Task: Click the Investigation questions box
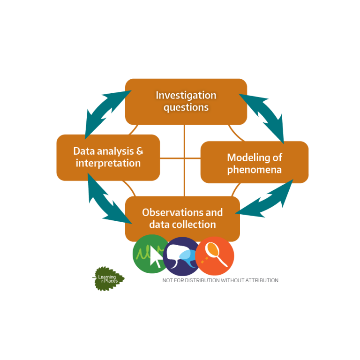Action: pos(186,102)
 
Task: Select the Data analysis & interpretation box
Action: pos(108,157)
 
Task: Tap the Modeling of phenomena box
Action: pos(255,162)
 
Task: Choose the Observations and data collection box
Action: pos(182,218)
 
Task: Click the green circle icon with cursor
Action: pos(149,254)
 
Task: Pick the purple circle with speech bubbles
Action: pos(182,256)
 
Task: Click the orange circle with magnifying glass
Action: pos(215,256)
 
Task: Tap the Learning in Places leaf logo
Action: pos(108,279)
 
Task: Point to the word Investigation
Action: pos(186,95)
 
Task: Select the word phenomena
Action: pos(255,170)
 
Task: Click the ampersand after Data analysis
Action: pos(140,151)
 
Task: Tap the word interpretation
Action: pos(108,163)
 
